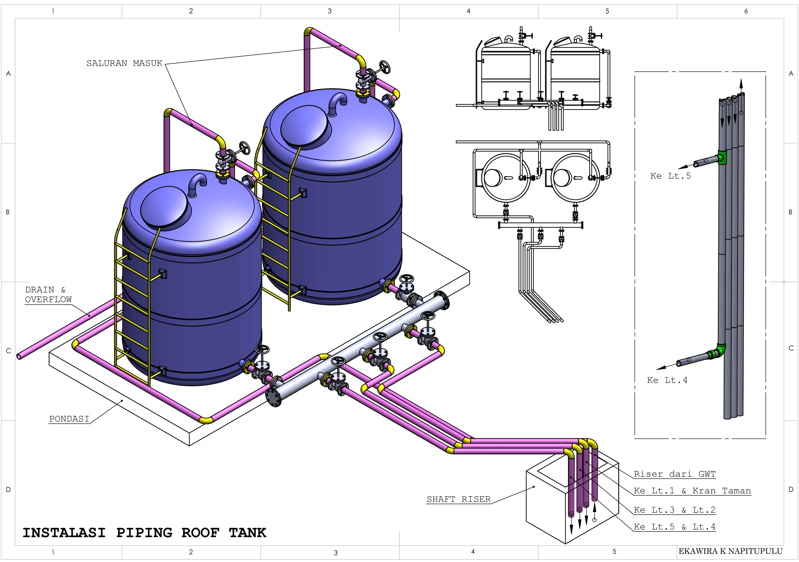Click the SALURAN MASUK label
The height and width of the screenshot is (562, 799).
(x=124, y=63)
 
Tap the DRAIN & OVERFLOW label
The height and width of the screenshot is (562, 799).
(x=48, y=294)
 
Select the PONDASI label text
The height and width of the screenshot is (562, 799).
(x=69, y=419)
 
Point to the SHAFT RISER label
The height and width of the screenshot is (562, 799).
(x=458, y=499)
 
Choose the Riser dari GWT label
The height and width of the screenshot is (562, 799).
(x=674, y=474)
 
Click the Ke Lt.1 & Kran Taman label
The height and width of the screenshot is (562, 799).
(x=692, y=491)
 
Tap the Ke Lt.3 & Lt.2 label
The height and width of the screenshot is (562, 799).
(x=674, y=510)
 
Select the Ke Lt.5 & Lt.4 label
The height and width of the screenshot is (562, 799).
(x=674, y=527)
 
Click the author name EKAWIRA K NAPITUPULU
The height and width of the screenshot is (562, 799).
(x=730, y=551)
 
